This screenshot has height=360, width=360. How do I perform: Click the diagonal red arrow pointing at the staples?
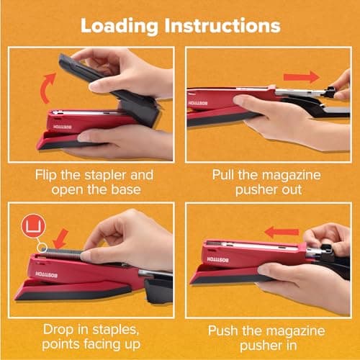[x=63, y=235]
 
